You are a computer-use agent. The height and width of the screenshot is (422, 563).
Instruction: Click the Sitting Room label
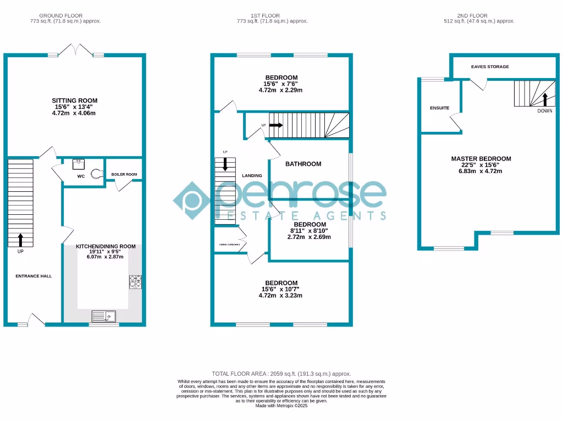pos(75,101)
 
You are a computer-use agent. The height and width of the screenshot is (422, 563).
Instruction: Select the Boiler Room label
pos(124,175)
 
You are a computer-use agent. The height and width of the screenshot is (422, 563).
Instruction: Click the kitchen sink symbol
pos(103,315)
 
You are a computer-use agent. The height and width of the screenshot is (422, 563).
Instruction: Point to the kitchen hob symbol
pos(135,282)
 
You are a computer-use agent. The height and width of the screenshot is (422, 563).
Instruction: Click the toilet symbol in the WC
pos(96,174)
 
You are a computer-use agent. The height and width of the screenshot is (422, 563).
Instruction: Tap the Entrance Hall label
pos(34,276)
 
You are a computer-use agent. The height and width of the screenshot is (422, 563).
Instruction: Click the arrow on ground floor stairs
pos(21,239)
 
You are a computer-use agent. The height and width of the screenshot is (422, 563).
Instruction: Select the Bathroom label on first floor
pos(303,164)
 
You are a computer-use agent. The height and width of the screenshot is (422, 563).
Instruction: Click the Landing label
pos(252,176)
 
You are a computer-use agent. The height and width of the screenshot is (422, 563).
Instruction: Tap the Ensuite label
pos(439,108)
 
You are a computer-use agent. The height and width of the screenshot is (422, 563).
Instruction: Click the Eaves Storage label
pos(490,66)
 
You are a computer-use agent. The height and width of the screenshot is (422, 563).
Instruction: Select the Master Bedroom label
pos(481,159)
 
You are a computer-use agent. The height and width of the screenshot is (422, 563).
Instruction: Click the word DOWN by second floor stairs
pos(545,110)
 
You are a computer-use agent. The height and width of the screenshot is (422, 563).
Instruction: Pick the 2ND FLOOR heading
pos(473,16)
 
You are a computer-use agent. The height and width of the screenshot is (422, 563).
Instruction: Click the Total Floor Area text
pos(281,374)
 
